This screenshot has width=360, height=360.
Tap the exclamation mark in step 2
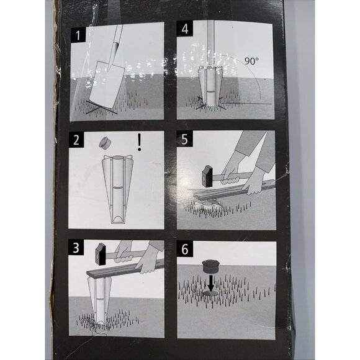click(140, 144)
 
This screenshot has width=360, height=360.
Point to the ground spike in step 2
click(116, 189)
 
